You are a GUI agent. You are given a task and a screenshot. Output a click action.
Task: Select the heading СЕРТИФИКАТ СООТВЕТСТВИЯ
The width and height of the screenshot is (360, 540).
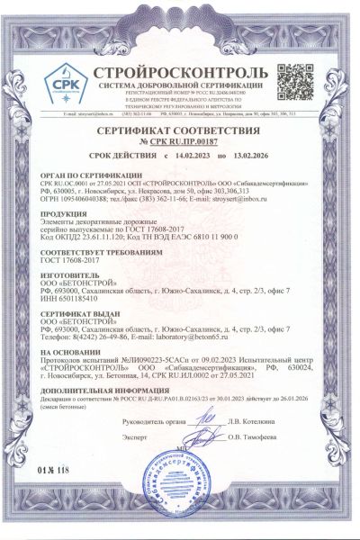point(180,131)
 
